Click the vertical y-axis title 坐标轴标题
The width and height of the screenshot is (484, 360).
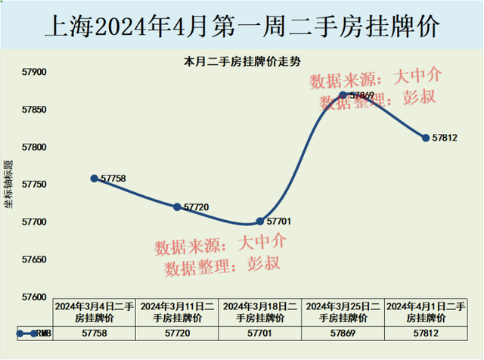[x=8, y=185]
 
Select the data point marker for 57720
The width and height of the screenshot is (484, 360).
[x=177, y=206]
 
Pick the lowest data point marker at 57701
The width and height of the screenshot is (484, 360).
[x=260, y=221]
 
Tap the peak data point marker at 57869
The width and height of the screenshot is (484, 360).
[x=343, y=95]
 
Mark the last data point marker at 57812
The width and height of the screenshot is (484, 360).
[x=426, y=138]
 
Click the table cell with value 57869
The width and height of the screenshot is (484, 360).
[x=343, y=333]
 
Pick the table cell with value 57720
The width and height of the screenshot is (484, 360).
[x=177, y=333]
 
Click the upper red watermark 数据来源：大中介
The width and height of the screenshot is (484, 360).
[x=374, y=77]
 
